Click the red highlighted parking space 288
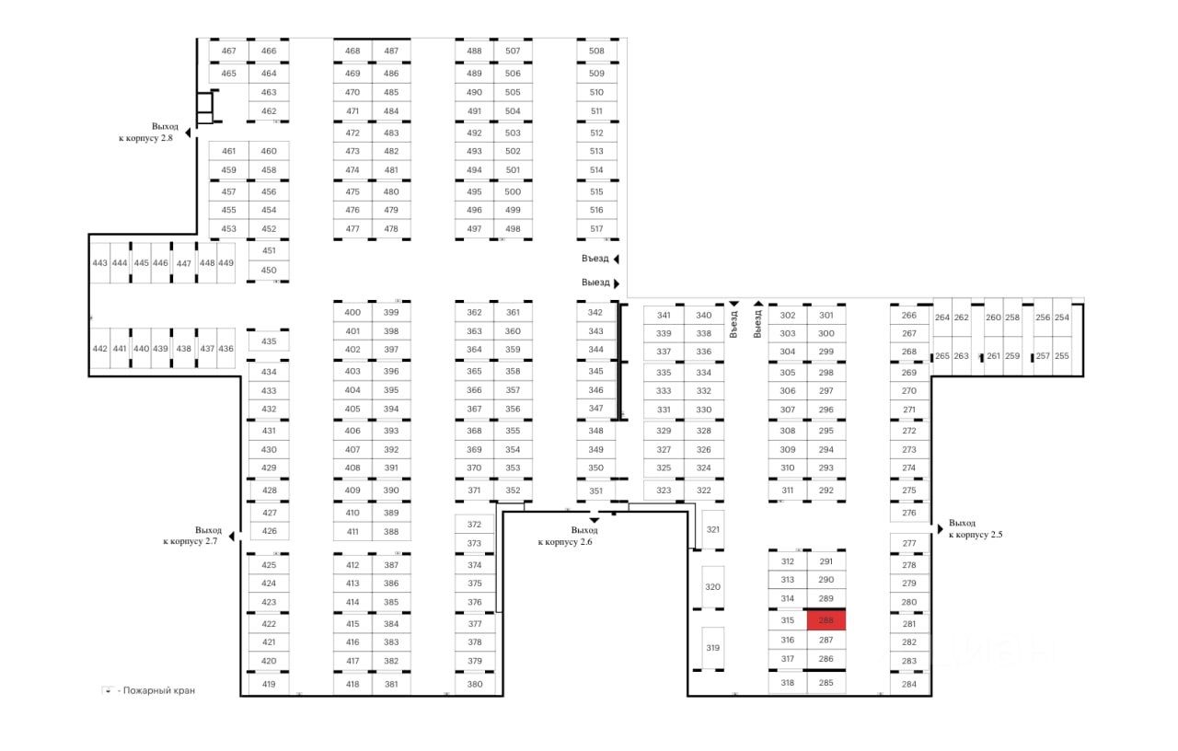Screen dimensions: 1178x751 (x=826, y=620)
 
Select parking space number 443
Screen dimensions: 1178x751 (x=99, y=263)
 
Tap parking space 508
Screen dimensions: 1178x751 (x=596, y=52)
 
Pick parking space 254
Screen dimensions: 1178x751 (x=1062, y=318)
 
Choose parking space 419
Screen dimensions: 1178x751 (x=269, y=684)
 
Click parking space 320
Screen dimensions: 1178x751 (x=712, y=586)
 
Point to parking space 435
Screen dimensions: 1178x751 (x=269, y=341)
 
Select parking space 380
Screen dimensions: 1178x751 (x=475, y=684)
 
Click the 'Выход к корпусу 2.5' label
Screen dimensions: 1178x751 (x=976, y=528)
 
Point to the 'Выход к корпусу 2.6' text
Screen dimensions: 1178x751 (x=571, y=536)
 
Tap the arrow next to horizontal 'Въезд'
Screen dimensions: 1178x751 (x=616, y=259)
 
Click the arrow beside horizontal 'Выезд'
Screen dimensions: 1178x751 (x=616, y=283)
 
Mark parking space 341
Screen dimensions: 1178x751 (x=664, y=315)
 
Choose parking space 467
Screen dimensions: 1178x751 (x=229, y=52)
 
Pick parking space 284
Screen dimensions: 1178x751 (x=909, y=684)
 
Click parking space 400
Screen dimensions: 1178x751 (x=352, y=313)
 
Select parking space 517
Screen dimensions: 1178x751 (x=596, y=229)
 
